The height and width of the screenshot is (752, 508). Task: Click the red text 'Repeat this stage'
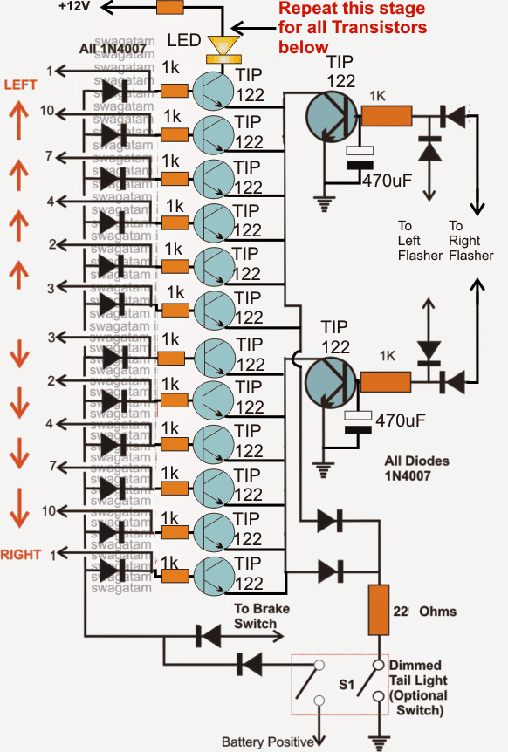[351, 10]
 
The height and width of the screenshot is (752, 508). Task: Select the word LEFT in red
[19, 85]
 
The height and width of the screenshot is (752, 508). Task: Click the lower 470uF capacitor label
[400, 421]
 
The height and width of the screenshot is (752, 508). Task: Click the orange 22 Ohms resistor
[378, 610]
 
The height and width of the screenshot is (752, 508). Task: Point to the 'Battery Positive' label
[266, 742]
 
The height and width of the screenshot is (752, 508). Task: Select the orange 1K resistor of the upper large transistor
[386, 117]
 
